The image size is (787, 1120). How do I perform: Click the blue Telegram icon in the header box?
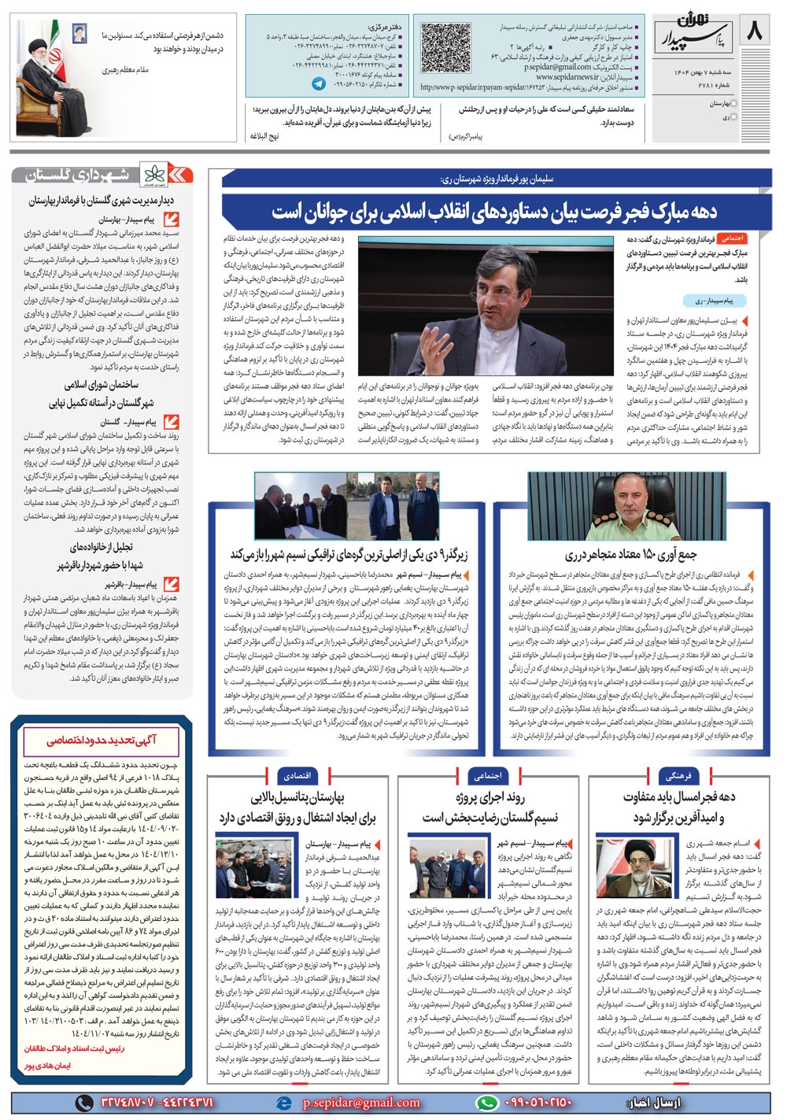tap(319, 82)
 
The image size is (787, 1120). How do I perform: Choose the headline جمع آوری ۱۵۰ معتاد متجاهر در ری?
tap(631, 555)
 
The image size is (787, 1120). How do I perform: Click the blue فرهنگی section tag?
tap(678, 775)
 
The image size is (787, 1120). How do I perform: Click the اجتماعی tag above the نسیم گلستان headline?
tap(488, 775)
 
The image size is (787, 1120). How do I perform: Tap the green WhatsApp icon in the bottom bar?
tap(488, 1103)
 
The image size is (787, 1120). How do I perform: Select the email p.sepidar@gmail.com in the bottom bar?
tap(360, 1103)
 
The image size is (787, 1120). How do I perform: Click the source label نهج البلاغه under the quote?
tap(264, 136)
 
